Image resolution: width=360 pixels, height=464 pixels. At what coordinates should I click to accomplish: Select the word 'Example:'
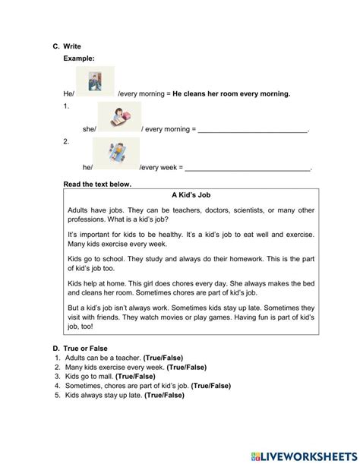click(80, 58)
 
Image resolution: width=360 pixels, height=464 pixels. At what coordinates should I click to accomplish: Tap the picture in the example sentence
click(96, 80)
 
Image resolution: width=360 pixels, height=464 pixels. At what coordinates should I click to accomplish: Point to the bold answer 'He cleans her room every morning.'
click(232, 94)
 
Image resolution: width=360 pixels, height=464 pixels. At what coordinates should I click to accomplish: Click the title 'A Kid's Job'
click(190, 195)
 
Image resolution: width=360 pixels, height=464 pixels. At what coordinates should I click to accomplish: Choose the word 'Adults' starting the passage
click(79, 210)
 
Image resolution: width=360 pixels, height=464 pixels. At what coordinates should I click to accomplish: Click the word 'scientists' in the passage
click(224, 210)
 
